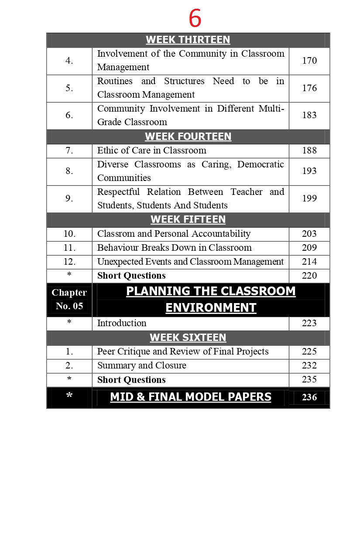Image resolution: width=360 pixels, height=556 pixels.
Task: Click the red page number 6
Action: (195, 19)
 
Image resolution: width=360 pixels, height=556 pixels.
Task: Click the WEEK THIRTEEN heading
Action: (188, 40)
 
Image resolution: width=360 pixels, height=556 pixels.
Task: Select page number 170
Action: (309, 61)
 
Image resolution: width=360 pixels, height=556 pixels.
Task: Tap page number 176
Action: (309, 88)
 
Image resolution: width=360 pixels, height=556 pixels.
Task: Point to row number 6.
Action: (69, 116)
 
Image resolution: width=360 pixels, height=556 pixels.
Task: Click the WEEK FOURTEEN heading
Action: (188, 136)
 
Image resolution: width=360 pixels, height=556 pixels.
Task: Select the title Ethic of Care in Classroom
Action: (151, 150)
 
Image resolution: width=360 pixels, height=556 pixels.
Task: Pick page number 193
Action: (309, 171)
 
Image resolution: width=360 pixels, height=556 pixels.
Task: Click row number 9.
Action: (69, 198)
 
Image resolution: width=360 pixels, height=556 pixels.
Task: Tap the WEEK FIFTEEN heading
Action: (188, 219)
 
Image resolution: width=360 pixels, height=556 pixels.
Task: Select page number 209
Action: (309, 248)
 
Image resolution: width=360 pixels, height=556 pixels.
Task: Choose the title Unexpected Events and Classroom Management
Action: (190, 262)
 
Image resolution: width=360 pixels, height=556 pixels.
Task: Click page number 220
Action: (309, 276)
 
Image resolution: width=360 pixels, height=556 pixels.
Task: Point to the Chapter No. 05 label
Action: (69, 299)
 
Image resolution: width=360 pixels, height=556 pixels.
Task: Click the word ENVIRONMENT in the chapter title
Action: (211, 308)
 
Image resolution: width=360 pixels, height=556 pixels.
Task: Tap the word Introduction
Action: (122, 323)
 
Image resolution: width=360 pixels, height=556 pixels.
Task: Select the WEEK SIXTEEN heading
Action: (188, 338)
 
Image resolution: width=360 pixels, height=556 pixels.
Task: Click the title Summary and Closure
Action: (141, 365)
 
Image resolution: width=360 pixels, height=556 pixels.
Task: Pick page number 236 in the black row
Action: (309, 398)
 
